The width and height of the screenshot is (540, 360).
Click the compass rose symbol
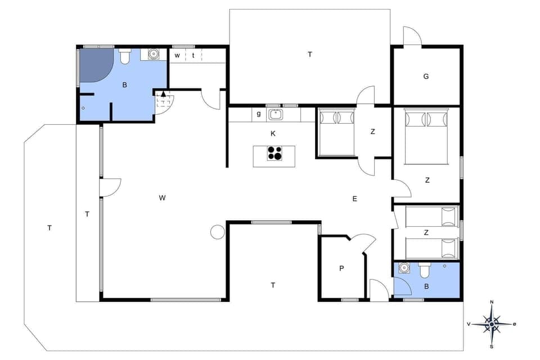[492, 325]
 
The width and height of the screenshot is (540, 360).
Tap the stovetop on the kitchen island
[275, 154]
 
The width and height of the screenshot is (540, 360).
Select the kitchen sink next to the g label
[276, 114]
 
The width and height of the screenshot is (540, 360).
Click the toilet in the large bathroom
[125, 57]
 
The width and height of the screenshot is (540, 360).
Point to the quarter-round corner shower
[94, 65]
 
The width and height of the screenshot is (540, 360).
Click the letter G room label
[426, 76]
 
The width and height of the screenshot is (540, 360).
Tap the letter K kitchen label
[273, 133]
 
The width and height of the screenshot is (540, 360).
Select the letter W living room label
[162, 197]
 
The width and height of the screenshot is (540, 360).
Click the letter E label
[354, 199]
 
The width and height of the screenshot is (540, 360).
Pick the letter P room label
[341, 269]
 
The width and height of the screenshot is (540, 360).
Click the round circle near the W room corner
[217, 232]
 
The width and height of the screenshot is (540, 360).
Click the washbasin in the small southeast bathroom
[403, 268]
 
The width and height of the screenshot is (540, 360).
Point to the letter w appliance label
[177, 55]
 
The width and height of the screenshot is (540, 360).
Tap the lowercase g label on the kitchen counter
[259, 114]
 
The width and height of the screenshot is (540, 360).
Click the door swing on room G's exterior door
[412, 36]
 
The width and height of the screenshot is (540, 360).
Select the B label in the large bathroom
[124, 85]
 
